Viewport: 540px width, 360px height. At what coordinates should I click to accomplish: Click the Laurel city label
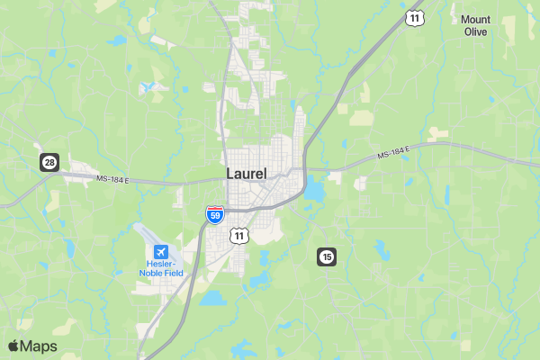coord(247,173)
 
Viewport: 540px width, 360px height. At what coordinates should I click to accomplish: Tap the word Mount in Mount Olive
coord(475,19)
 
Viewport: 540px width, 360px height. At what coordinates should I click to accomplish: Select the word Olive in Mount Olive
coord(475,31)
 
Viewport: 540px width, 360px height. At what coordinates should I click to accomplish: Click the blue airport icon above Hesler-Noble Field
coord(161,251)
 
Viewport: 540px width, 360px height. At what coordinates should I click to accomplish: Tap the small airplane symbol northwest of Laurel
coord(148,86)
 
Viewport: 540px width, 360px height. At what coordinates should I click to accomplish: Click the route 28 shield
coord(49,162)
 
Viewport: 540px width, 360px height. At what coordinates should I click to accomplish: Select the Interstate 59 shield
coord(215,214)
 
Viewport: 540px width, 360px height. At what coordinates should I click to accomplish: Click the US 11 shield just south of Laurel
coord(238,235)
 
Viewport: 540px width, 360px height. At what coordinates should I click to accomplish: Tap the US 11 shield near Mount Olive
coord(414,17)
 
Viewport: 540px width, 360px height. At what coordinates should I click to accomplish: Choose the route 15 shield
coord(326,257)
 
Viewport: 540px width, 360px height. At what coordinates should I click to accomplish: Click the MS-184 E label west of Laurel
coord(113,180)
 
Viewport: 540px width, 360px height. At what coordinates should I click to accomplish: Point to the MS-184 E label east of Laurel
coord(392,153)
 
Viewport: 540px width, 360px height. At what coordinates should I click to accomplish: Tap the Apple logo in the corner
coord(13,346)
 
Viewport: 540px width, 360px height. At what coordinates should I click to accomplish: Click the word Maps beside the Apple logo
coord(39,346)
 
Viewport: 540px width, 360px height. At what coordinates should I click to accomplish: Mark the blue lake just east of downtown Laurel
coord(314,191)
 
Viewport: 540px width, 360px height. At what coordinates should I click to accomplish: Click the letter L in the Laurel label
coord(230,173)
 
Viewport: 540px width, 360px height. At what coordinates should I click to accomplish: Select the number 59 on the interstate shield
coord(215,216)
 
